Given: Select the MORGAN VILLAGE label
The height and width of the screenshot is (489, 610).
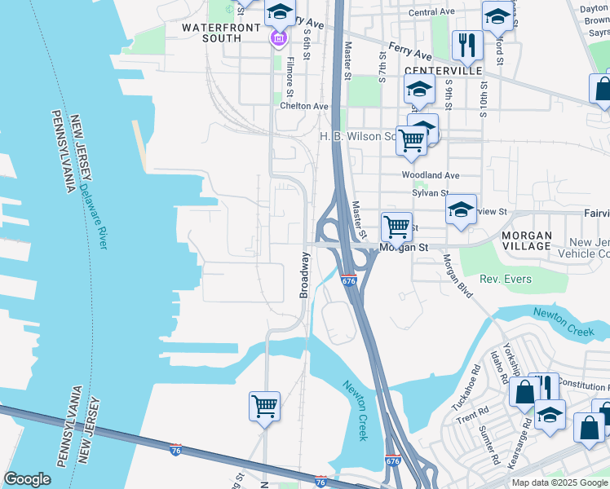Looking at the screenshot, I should (x=527, y=240).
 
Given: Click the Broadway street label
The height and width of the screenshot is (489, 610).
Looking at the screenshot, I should (x=305, y=275).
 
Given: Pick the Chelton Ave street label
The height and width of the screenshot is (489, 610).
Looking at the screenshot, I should (x=304, y=106).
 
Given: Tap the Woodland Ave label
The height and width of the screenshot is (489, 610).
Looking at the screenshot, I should (x=431, y=175).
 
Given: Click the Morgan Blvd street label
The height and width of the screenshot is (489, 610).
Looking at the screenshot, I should (x=457, y=276).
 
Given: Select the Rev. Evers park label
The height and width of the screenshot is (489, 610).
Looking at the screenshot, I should (x=506, y=280).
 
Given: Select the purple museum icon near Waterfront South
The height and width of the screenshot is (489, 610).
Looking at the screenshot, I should (x=279, y=37).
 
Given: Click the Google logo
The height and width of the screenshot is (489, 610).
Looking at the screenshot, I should (x=27, y=479).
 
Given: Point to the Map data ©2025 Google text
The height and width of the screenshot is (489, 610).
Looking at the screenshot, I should (x=559, y=482).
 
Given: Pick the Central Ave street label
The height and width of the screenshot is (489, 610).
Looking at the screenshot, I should (x=431, y=12).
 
